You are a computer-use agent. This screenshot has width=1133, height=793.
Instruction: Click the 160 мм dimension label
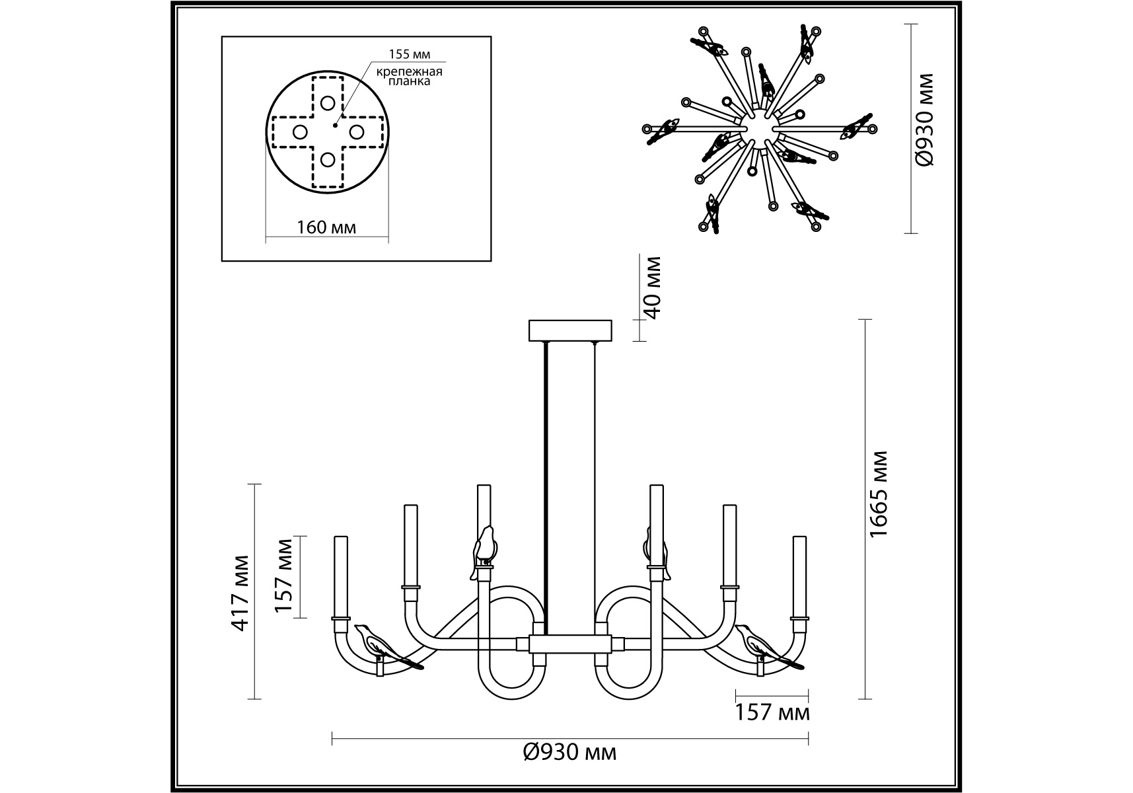pyautogui.click(x=326, y=227)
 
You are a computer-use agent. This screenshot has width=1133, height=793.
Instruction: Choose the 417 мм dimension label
pyautogui.click(x=240, y=592)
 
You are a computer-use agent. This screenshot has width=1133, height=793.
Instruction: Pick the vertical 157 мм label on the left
pyautogui.click(x=284, y=576)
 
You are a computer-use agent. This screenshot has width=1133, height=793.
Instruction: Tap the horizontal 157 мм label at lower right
pyautogui.click(x=772, y=713)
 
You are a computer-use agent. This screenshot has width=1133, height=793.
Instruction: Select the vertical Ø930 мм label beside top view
pyautogui.click(x=925, y=119)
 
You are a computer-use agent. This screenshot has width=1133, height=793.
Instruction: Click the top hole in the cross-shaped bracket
pyautogui.click(x=328, y=102)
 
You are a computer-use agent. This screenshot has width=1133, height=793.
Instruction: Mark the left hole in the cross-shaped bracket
pyautogui.click(x=299, y=132)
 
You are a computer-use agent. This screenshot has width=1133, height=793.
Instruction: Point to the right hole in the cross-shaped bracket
pyautogui.click(x=356, y=132)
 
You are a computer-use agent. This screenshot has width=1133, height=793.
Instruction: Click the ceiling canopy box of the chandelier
pyautogui.click(x=571, y=330)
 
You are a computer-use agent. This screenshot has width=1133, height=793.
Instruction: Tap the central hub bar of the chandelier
pyautogui.click(x=571, y=643)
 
